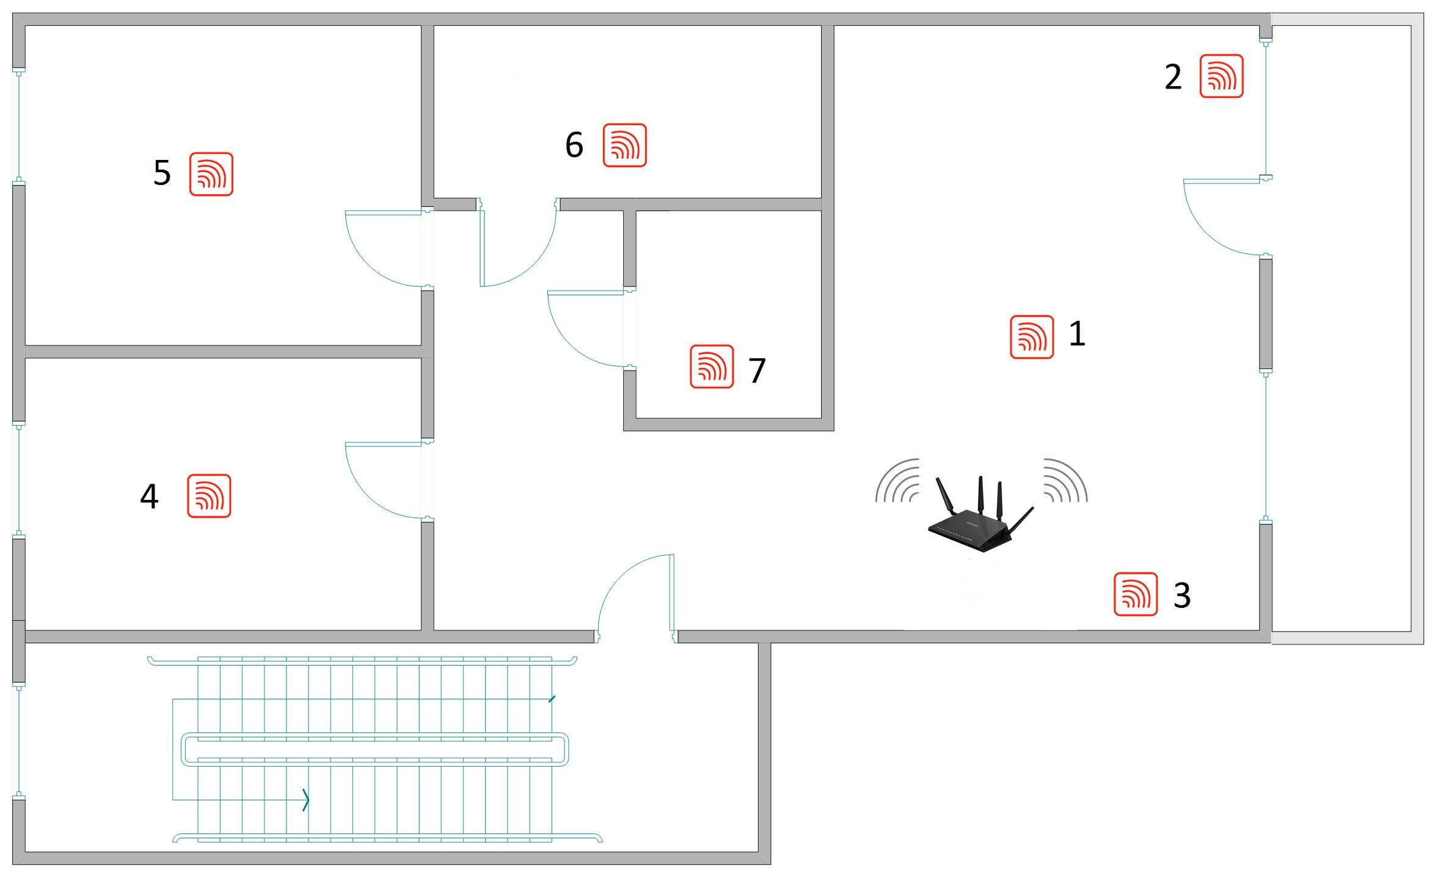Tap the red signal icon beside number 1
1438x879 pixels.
pos(1032,337)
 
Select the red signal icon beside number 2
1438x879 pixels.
pos(1221,76)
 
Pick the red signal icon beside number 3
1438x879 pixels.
pos(1136,594)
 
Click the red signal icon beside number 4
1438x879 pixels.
pos(209,496)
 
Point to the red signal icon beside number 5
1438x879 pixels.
pos(211,174)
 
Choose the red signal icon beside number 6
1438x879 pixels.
pos(624,145)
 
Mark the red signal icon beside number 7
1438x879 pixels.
pos(712,366)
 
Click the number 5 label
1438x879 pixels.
pos(162,173)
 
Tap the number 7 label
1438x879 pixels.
pos(757,371)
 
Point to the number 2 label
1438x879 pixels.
pos(1173,77)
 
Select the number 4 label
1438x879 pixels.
pos(150,496)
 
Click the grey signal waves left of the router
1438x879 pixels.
pos(897,480)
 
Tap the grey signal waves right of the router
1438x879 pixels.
pos(1066,480)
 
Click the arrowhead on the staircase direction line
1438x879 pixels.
pos(306,800)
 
